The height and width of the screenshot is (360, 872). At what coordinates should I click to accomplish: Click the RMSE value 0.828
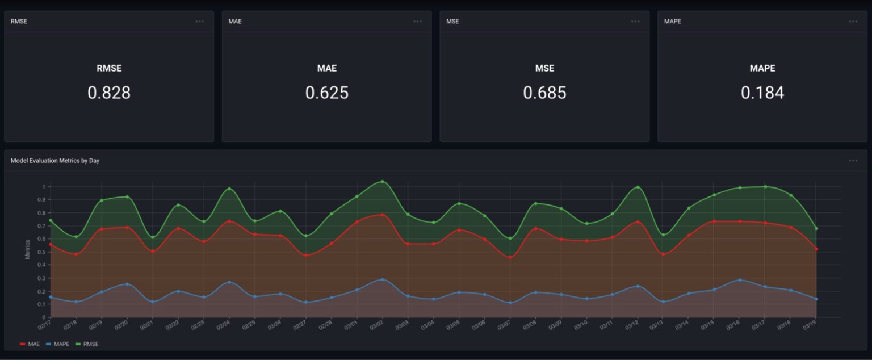click(x=109, y=93)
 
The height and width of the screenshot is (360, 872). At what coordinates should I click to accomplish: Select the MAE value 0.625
click(x=327, y=93)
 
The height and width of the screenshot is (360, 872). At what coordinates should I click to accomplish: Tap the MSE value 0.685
click(x=544, y=93)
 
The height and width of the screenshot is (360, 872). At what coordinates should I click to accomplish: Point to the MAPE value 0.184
click(x=762, y=93)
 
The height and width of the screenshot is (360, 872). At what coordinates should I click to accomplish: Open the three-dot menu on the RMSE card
click(x=200, y=22)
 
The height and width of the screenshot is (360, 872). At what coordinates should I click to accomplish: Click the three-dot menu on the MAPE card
click(x=853, y=22)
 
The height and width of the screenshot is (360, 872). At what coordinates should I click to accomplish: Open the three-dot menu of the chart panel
click(x=853, y=161)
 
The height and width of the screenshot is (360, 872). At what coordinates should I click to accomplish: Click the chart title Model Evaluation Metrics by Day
click(x=55, y=161)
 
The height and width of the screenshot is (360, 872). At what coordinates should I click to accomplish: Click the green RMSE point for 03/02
click(x=382, y=182)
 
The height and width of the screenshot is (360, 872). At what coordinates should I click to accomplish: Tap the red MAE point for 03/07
click(x=510, y=257)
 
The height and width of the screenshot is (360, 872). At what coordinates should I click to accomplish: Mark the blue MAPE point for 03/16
click(x=739, y=280)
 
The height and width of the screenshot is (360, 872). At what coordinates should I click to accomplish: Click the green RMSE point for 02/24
click(x=229, y=189)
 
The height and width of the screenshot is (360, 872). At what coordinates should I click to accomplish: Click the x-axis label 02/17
click(x=44, y=326)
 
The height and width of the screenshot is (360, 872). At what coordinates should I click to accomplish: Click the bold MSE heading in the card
click(x=544, y=68)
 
